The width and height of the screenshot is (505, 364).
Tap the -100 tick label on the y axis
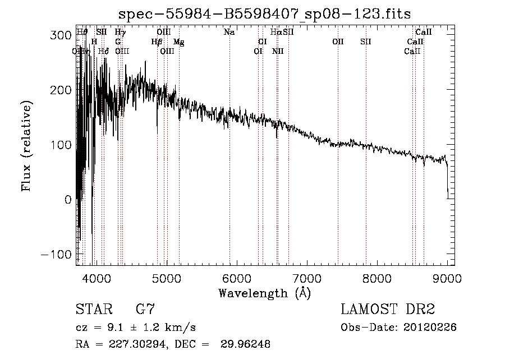pyautogui.click(x=56, y=254)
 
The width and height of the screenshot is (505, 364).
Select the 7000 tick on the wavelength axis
pyautogui.click(x=307, y=278)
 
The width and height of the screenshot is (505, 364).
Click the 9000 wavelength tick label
pyautogui.click(x=447, y=278)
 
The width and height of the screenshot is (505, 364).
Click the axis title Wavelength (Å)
pyautogui.click(x=265, y=293)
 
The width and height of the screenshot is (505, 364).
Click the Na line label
pyautogui.click(x=229, y=33)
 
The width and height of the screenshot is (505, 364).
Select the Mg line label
pyautogui.click(x=178, y=42)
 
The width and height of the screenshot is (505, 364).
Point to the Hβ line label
pyautogui.click(x=157, y=42)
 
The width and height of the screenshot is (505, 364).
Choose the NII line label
pyautogui.click(x=278, y=52)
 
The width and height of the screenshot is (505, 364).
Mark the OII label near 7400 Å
pyautogui.click(x=338, y=42)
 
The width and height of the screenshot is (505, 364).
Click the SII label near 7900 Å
pyautogui.click(x=366, y=42)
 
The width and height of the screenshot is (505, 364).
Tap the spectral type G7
pyautogui.click(x=145, y=310)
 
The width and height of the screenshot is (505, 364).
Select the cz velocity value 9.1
pyautogui.click(x=112, y=328)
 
